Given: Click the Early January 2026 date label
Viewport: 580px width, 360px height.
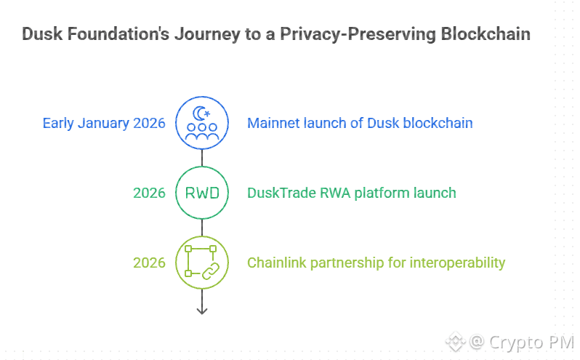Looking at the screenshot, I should [x=104, y=123].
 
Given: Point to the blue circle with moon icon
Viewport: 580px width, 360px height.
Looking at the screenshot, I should [x=202, y=123].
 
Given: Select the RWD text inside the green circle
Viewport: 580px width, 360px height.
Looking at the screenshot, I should [x=202, y=193].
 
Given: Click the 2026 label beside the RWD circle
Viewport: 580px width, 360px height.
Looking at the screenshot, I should [x=149, y=193].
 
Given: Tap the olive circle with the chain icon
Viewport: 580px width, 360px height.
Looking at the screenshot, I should [x=202, y=263].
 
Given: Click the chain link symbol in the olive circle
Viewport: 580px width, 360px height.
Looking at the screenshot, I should [x=209, y=271].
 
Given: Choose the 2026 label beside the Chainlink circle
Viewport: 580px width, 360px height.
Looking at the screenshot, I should [x=149, y=263].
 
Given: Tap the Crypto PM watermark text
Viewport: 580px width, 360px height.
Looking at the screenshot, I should [x=531, y=342].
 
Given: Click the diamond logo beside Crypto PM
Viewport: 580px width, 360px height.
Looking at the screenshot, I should [x=455, y=341].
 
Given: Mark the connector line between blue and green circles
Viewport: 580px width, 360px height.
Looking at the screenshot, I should [x=202, y=158].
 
